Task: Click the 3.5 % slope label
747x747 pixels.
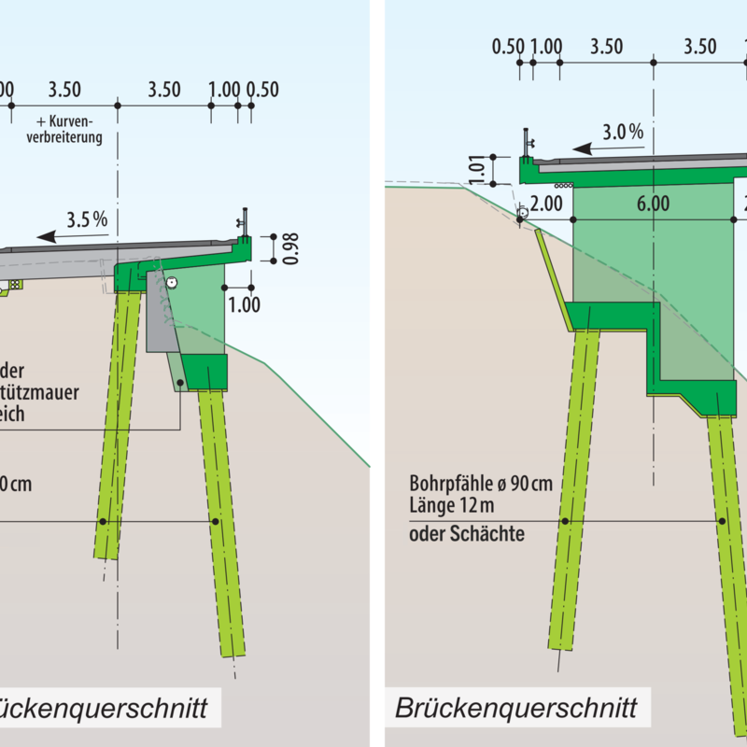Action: coord(87,220)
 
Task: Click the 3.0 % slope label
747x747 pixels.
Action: coord(623,132)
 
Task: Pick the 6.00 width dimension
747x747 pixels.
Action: coord(653,204)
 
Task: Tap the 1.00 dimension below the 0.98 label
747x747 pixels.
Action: coord(242,303)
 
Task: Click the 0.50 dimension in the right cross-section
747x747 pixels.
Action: coord(508,47)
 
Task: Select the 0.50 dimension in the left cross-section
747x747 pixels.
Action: coord(263,90)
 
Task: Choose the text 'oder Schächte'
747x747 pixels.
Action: coord(467,534)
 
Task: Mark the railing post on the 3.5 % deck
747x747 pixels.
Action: coord(245,221)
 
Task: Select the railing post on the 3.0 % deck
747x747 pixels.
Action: coord(527,141)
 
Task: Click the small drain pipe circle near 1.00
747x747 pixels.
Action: coord(172,282)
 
